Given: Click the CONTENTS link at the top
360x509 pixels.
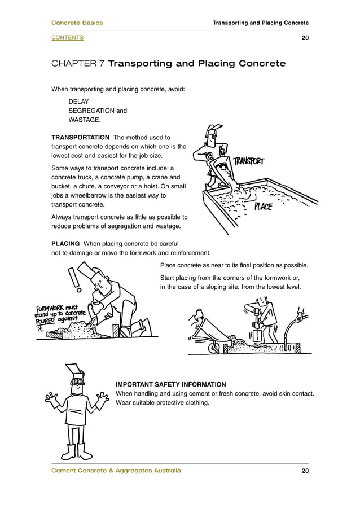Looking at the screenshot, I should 67,38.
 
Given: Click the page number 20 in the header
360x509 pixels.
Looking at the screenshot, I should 305,38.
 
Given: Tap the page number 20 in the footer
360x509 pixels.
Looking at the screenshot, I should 305,471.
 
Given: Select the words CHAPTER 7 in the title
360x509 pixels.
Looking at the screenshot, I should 77,64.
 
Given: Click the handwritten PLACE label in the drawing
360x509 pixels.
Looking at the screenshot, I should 262,207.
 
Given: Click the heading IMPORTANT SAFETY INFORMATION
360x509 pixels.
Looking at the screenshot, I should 170,384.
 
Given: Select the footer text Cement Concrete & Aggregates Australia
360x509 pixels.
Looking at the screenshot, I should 116,471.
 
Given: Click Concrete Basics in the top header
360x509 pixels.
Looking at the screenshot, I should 77,23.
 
